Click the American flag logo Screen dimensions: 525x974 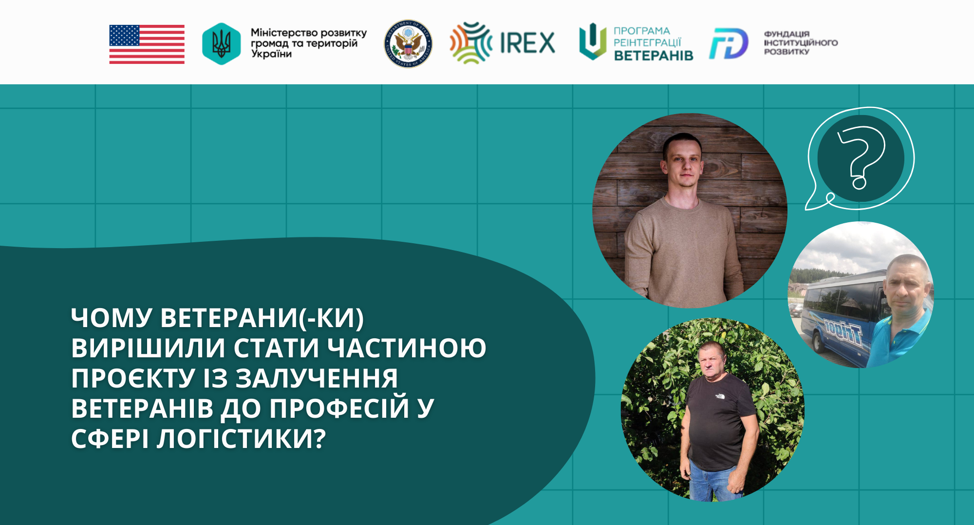[x=147, y=44]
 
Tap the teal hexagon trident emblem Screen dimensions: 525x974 [x=221, y=44]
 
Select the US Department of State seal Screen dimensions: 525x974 [x=408, y=44]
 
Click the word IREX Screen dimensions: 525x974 [x=527, y=43]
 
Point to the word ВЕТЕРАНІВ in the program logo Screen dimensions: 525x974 [x=654, y=56]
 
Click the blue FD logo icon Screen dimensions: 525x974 [x=729, y=44]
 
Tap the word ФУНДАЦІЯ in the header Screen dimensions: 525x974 [x=787, y=34]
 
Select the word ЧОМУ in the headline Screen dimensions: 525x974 [x=112, y=318]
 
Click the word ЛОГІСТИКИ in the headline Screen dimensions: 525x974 [x=241, y=439]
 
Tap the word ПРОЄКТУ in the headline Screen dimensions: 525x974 [x=133, y=378]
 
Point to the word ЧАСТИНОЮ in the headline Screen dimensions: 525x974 [x=407, y=348]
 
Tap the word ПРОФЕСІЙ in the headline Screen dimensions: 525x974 [x=339, y=408]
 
